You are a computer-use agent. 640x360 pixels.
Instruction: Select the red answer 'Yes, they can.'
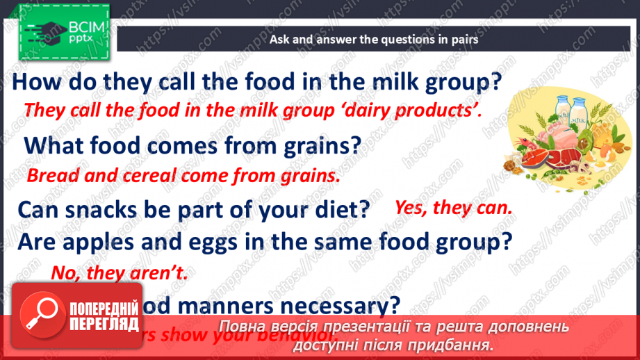click(x=453, y=206)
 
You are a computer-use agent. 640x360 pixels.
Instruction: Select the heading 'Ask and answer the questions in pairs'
click(x=374, y=40)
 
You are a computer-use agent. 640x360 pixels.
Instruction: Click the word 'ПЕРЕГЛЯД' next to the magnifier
click(x=105, y=324)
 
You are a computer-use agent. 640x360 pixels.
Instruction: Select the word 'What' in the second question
click(x=54, y=145)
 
